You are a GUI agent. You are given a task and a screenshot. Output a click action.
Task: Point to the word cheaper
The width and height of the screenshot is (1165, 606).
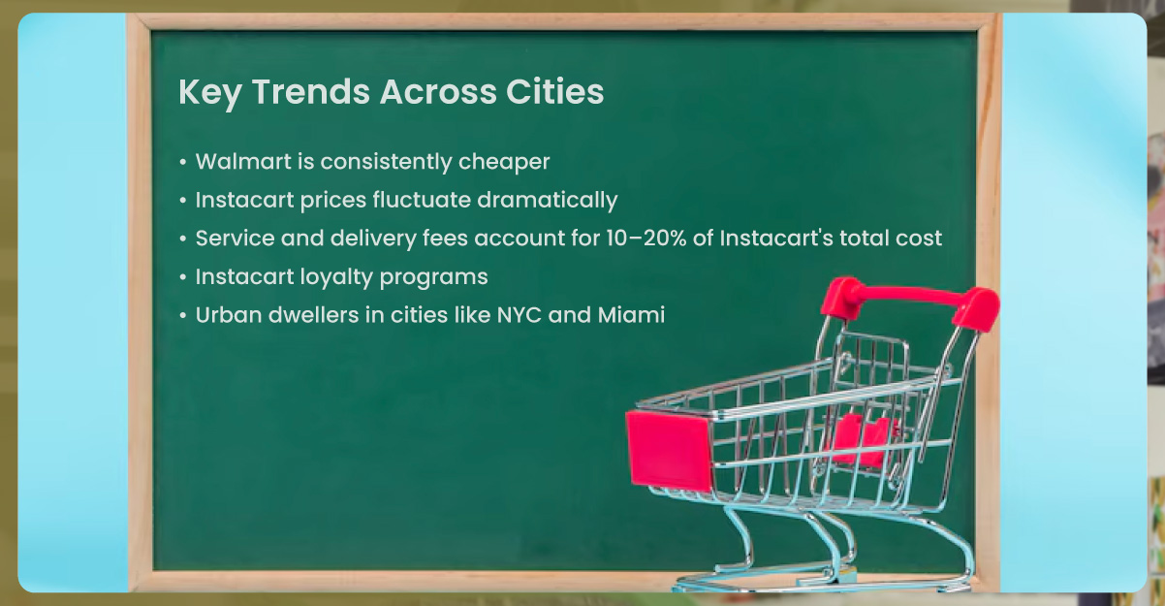click(x=504, y=161)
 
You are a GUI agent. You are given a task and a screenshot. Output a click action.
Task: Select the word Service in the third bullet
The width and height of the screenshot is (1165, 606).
click(x=231, y=238)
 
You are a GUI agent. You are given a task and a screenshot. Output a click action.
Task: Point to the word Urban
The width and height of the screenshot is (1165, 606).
click(x=224, y=315)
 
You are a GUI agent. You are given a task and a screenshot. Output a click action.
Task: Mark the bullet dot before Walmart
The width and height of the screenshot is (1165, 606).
click(x=183, y=162)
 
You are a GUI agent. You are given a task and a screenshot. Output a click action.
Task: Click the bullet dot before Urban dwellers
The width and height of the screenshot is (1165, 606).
click(x=183, y=316)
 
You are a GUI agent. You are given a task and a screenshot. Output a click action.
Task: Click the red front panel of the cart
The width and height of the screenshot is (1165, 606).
click(x=669, y=449)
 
